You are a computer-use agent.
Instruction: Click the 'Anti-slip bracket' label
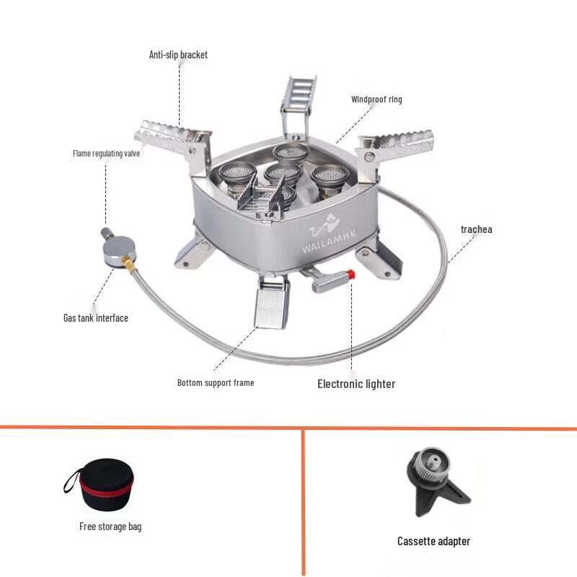[x=178, y=55]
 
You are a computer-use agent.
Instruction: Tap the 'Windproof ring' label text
[x=376, y=100]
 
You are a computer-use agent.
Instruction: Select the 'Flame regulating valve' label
[x=106, y=153]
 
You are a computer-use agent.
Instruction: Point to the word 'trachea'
[x=476, y=229]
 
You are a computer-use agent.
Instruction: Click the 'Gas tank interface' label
[x=95, y=317]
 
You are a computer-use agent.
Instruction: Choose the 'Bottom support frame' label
[x=216, y=382]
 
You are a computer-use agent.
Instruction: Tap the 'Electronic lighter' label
[x=356, y=384]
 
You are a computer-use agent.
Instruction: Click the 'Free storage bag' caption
[x=110, y=527]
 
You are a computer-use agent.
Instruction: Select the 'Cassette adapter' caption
[x=433, y=541]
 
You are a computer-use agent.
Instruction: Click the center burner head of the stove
[x=282, y=174]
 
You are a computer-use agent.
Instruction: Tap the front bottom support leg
[x=270, y=302]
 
